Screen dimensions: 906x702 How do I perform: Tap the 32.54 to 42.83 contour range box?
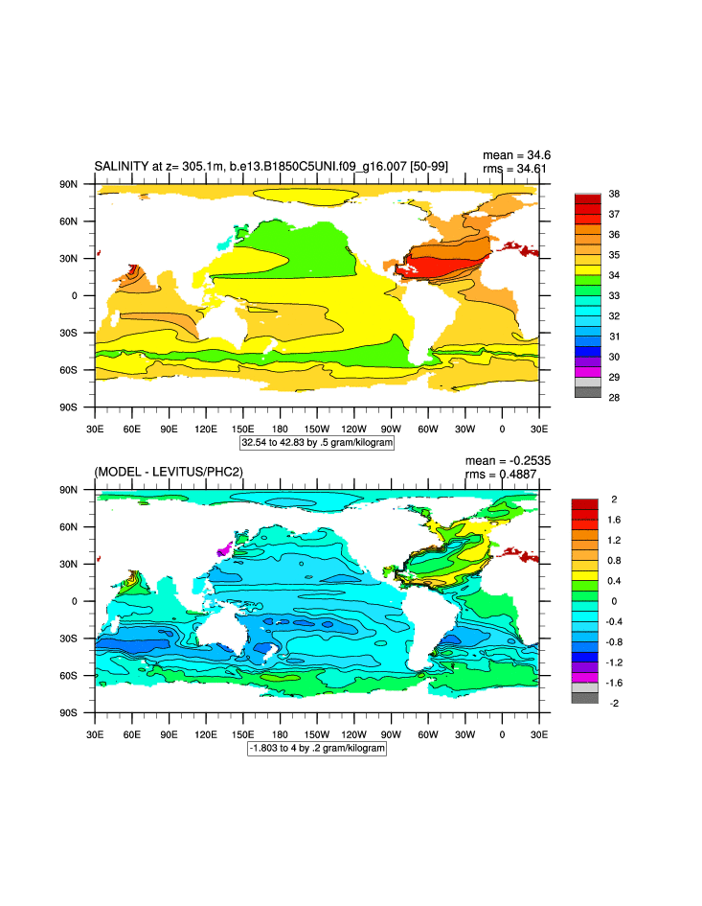pyautogui.click(x=317, y=444)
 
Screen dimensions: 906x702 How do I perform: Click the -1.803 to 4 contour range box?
pyautogui.click(x=317, y=748)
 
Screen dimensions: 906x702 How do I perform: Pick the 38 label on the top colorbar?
pyautogui.click(x=613, y=194)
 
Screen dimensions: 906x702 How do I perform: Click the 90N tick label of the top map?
pyautogui.click(x=68, y=184)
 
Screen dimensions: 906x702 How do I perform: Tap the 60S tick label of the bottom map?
pyautogui.click(x=68, y=676)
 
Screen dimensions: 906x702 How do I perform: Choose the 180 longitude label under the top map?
pyautogui.click(x=280, y=428)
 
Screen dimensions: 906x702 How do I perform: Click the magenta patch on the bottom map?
pyautogui.click(x=225, y=550)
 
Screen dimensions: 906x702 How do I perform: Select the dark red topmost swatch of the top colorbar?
pyautogui.click(x=587, y=198)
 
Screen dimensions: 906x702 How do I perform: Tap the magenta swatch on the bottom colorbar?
pyautogui.click(x=584, y=676)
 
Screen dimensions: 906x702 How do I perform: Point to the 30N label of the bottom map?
pyautogui.click(x=68, y=564)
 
